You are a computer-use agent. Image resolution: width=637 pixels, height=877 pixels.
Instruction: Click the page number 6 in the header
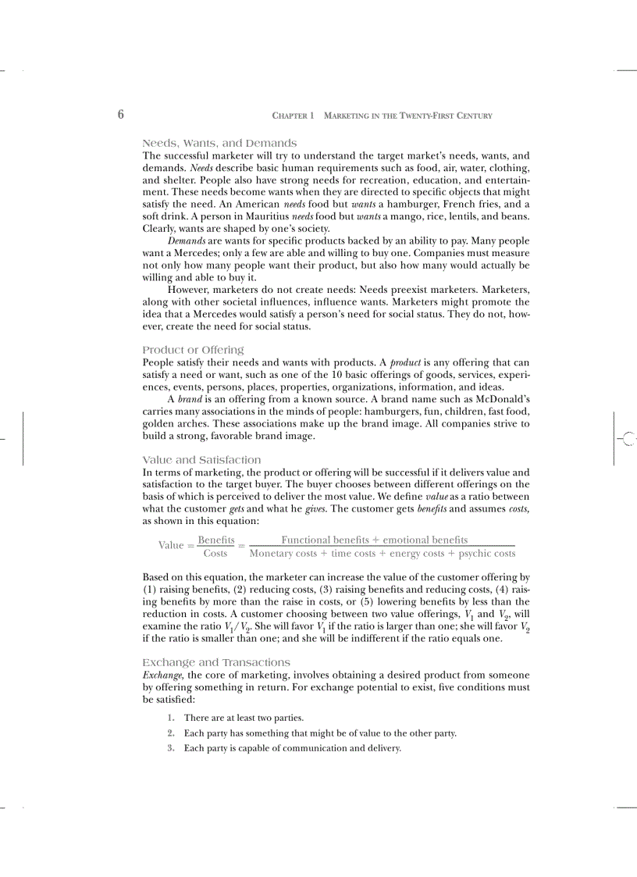click(x=121, y=115)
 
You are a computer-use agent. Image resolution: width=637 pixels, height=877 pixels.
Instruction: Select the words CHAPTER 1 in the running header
click(x=293, y=116)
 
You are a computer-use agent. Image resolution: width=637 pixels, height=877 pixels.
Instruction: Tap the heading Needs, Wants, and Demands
click(x=219, y=143)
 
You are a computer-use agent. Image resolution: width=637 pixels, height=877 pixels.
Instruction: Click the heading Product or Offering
click(x=193, y=350)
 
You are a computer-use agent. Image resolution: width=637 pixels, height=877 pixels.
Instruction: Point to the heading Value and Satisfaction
click(x=201, y=460)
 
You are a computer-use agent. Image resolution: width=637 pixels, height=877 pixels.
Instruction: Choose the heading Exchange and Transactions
click(x=216, y=662)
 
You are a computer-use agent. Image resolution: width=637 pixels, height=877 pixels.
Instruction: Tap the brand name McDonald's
click(x=499, y=399)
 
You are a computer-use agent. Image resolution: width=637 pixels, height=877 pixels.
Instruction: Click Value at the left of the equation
click(x=171, y=546)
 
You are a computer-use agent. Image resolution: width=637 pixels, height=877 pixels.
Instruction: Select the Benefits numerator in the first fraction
click(x=215, y=540)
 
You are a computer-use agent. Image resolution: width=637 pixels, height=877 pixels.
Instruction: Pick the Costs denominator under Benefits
click(x=215, y=554)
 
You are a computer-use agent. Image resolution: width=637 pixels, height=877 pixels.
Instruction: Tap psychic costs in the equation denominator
click(x=487, y=554)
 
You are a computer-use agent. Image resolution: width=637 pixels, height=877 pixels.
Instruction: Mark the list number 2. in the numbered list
click(x=170, y=733)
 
